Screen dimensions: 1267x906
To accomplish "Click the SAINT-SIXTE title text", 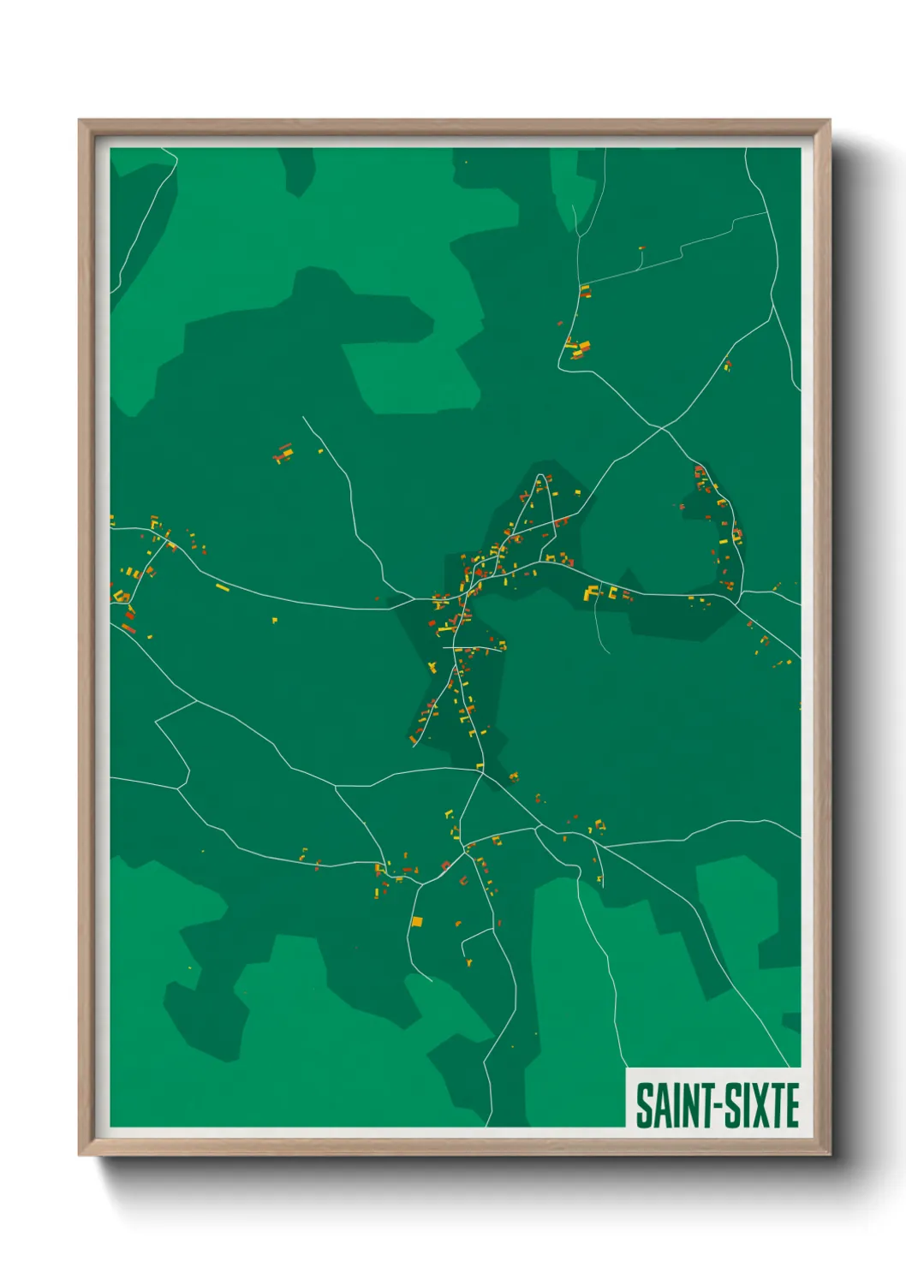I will [717, 1105].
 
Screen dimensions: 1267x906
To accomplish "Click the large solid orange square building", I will [417, 921].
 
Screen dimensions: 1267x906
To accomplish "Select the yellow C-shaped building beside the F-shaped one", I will [612, 591].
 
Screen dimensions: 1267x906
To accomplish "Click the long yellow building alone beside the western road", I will [223, 587].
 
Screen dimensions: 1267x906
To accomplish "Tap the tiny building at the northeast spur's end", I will [641, 249].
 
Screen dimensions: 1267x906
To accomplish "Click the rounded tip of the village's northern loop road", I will [541, 475].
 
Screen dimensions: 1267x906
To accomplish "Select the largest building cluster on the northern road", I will [579, 349].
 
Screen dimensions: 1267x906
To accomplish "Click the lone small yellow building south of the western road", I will [275, 619].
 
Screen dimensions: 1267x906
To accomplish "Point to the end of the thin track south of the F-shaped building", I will [609, 653].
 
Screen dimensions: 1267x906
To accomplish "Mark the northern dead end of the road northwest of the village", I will [303, 418].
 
